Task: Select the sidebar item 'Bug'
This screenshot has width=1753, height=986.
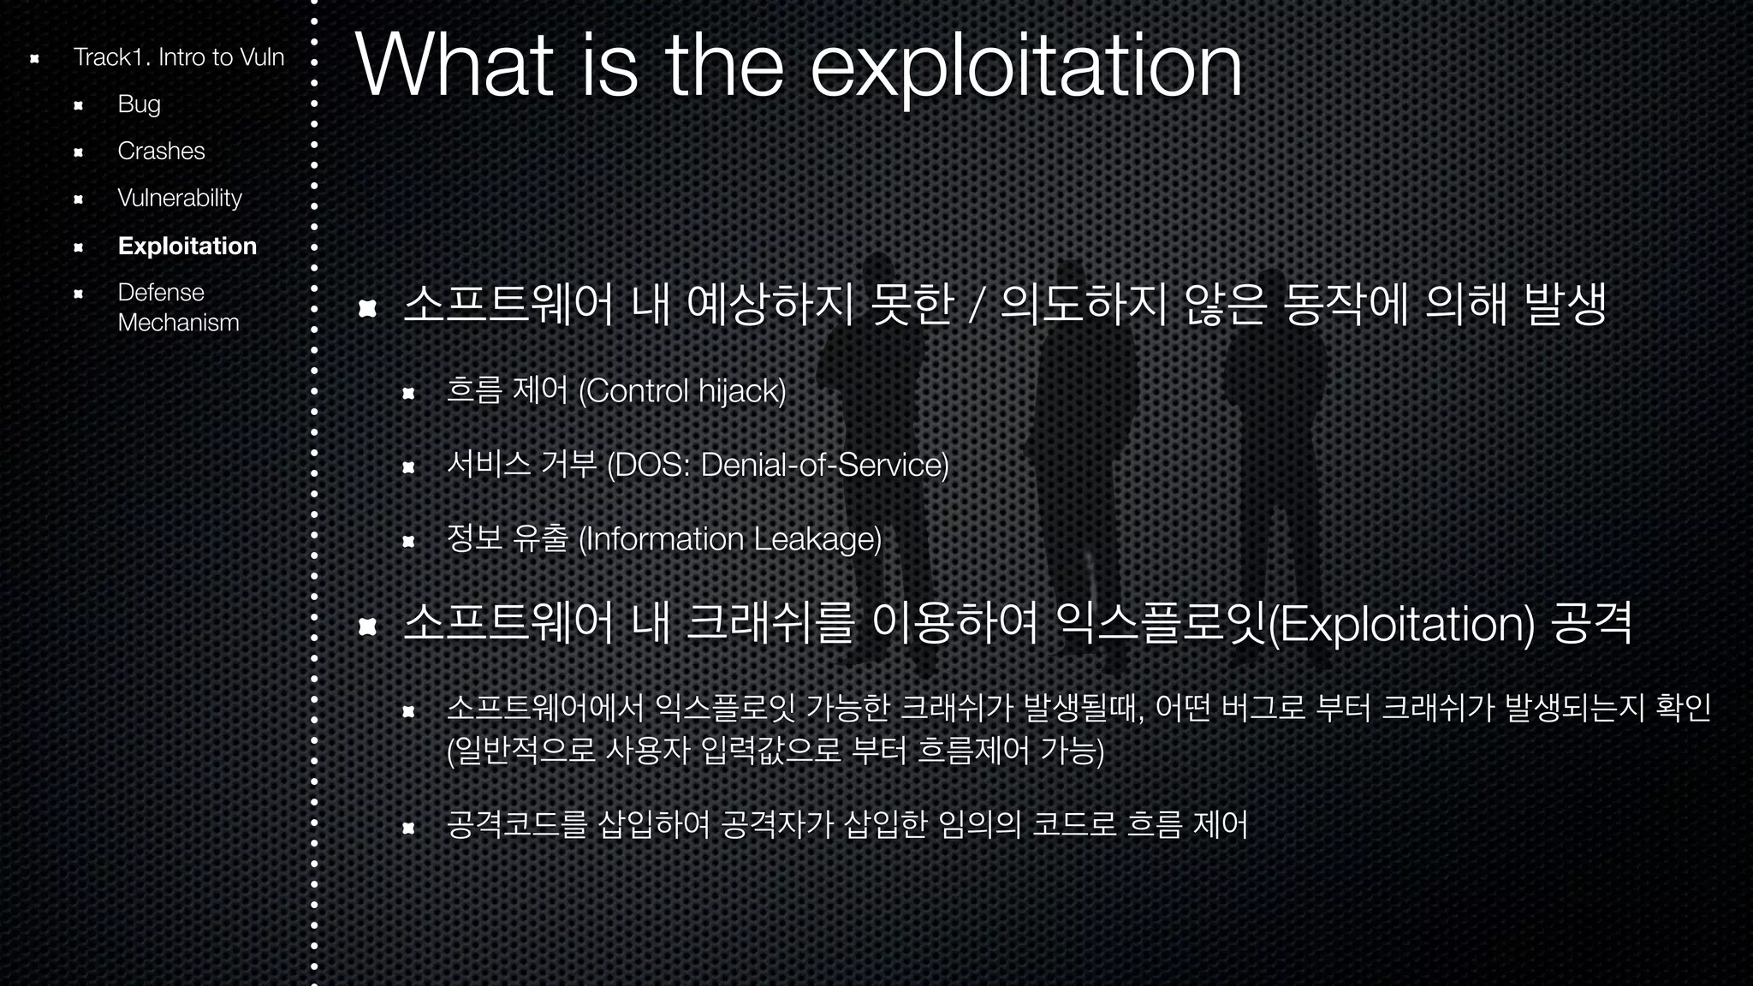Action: (140, 104)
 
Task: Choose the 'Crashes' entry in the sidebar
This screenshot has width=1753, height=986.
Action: (161, 151)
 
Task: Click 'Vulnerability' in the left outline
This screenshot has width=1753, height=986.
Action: (180, 199)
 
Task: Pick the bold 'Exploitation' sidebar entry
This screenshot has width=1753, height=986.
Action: (187, 246)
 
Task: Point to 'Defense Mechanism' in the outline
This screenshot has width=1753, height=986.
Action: (178, 307)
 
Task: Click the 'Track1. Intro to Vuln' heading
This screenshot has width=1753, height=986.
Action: (178, 57)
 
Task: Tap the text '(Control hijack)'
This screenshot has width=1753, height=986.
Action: (682, 392)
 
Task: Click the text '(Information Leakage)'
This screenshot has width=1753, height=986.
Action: (730, 539)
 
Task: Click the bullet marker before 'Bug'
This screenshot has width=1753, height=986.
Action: (78, 106)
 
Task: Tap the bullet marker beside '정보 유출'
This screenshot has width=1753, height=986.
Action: (408, 541)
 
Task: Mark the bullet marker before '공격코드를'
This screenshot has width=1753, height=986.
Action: (408, 828)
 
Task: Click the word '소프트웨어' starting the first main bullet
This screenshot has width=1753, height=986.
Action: (508, 305)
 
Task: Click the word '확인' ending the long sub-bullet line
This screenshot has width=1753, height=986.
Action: (1683, 708)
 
